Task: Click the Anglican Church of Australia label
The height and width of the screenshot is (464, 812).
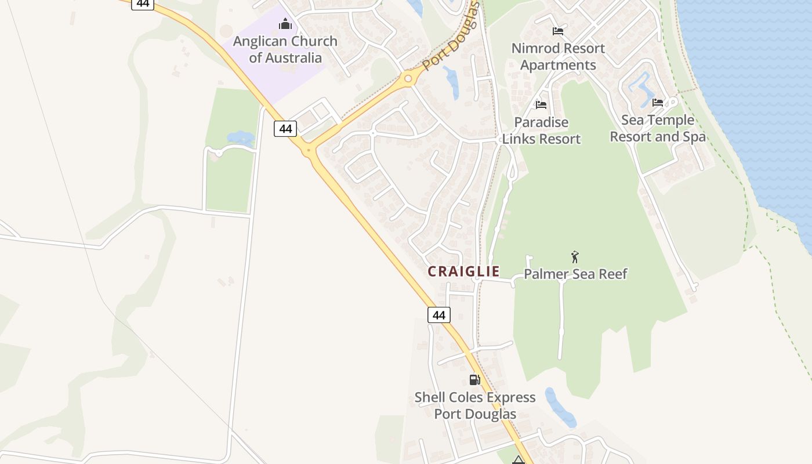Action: click(285, 49)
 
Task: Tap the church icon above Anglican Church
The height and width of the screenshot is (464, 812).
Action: click(285, 24)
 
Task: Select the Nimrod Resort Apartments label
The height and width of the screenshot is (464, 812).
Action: click(558, 56)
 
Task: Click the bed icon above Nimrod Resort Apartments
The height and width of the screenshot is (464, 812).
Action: click(558, 31)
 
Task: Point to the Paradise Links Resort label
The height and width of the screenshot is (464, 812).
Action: click(541, 130)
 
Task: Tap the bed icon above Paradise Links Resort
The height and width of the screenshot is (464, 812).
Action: click(541, 105)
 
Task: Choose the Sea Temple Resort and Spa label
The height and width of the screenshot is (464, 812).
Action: click(658, 128)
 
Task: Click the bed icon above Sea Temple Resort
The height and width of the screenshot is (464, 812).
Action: click(658, 103)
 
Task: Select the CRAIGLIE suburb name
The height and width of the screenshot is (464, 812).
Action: click(463, 271)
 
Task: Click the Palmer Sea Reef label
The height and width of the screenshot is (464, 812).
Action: click(575, 274)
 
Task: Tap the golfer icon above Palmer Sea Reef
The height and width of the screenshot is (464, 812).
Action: click(575, 256)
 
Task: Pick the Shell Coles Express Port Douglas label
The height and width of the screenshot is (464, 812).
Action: click(475, 405)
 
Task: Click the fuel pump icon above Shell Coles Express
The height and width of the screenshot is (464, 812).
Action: click(474, 380)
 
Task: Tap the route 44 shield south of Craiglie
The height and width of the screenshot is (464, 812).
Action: click(439, 315)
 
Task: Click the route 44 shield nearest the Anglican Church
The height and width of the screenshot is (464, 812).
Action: click(285, 129)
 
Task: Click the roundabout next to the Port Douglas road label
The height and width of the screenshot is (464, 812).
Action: click(408, 79)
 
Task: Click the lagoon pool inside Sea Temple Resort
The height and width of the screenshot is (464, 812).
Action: click(640, 89)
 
